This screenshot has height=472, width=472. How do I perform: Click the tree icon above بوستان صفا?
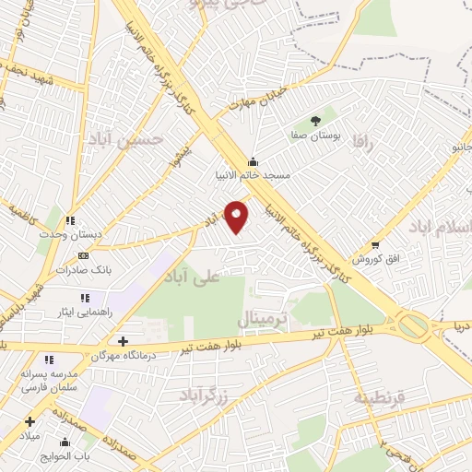pos(316,120)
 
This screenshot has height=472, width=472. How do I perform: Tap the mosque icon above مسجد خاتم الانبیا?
pos(253,160)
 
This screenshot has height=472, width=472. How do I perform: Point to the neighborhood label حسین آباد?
pos(125,139)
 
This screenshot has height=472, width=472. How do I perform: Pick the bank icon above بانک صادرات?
pos(84,255)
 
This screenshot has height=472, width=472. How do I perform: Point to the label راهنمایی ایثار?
pos(110,312)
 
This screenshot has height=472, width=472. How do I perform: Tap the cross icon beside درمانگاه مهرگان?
pos(123,341)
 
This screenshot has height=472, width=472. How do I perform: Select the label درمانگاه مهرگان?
pos(124,355)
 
